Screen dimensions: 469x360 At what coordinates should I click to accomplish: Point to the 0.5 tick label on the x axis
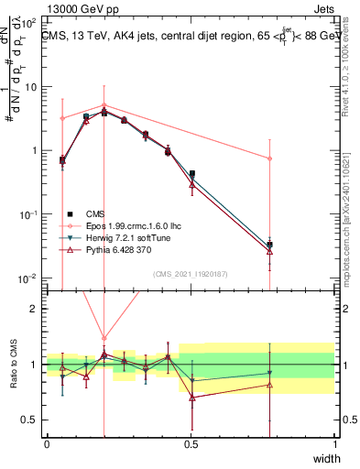(x=191, y=444)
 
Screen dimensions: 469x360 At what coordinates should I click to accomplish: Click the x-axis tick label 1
(x=335, y=444)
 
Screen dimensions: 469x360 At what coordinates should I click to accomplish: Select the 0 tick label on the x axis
(x=48, y=444)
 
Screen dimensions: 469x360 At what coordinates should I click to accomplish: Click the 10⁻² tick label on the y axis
(x=27, y=278)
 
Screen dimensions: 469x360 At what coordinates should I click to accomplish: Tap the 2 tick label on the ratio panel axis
(x=35, y=309)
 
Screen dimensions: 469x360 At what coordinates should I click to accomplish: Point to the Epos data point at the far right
(x=270, y=158)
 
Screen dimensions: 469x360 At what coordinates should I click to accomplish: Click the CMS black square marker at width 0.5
(x=191, y=173)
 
